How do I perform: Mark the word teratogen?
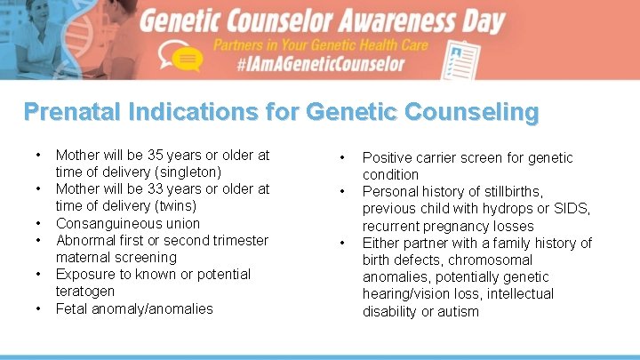point(85,291)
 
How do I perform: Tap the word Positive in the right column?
point(388,157)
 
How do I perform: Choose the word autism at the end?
point(459,311)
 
